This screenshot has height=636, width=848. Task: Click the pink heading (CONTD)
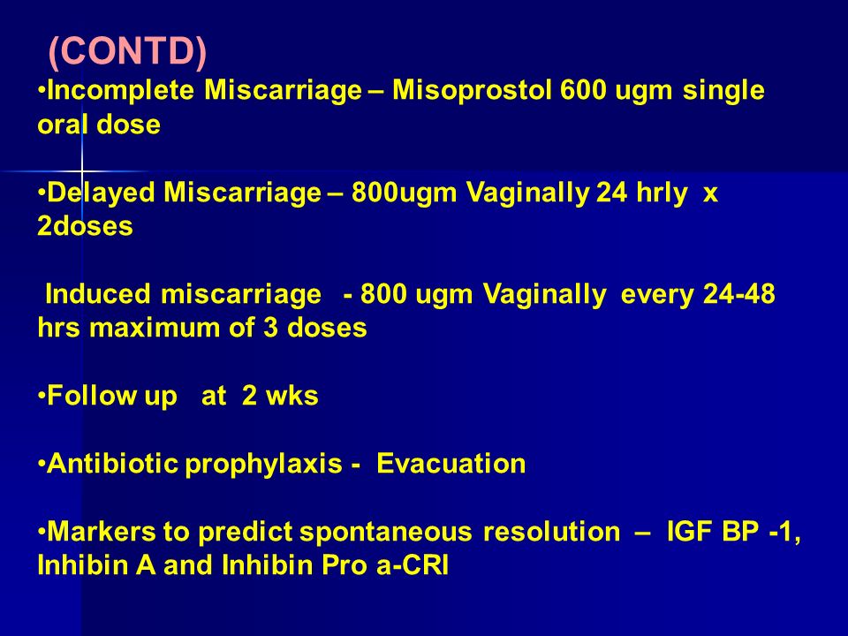click(127, 51)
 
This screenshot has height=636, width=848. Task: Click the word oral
click(62, 125)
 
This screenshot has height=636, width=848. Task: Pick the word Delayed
click(101, 192)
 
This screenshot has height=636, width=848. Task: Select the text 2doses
click(85, 225)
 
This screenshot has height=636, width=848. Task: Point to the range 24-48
click(738, 294)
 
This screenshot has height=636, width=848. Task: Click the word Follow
click(91, 396)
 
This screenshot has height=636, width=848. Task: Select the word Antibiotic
click(112, 464)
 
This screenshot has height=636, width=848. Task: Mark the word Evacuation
click(451, 464)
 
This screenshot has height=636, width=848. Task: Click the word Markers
click(102, 532)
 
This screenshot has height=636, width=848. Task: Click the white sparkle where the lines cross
click(81, 171)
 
